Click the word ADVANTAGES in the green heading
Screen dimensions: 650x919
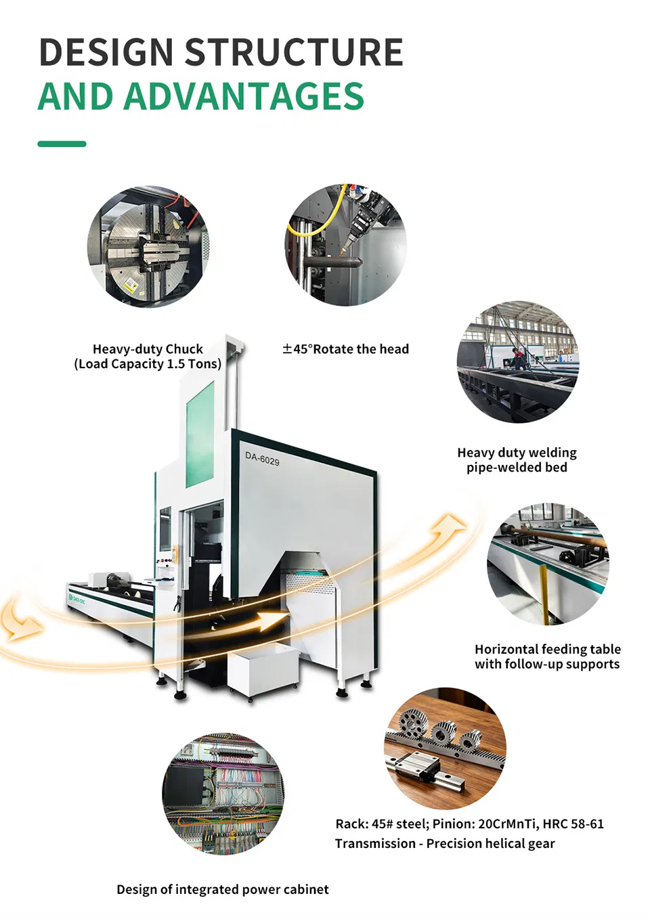[x=243, y=95]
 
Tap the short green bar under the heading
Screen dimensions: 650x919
[x=62, y=143]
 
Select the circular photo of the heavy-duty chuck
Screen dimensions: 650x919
[x=148, y=246]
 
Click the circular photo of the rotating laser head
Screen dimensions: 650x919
[x=345, y=244]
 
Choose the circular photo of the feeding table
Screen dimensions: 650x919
[x=548, y=564]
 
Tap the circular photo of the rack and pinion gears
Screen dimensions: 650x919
[x=445, y=748]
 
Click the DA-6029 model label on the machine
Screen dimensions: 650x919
[x=262, y=459]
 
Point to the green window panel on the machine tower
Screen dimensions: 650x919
[x=200, y=434]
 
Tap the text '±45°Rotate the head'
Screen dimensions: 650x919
[x=345, y=349]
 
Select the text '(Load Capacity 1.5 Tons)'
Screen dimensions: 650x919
[x=148, y=364]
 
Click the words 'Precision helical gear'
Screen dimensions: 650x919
[x=490, y=843]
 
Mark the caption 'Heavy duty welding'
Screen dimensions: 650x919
[x=517, y=453]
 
